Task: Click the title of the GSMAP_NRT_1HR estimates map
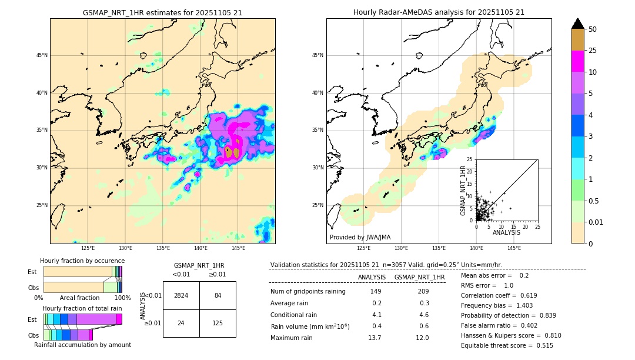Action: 162,12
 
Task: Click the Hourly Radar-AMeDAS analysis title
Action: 439,12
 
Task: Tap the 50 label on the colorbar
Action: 593,29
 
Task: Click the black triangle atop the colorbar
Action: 578,24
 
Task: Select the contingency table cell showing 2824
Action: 181,295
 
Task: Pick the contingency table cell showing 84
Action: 218,295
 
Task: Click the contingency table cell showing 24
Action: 181,323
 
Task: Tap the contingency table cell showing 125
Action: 218,323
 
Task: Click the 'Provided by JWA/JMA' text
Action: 360,238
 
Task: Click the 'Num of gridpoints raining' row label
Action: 308,292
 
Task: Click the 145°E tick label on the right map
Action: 514,248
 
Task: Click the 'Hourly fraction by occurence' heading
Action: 82,261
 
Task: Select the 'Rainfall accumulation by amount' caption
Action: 82,345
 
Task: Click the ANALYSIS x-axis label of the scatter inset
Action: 506,232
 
